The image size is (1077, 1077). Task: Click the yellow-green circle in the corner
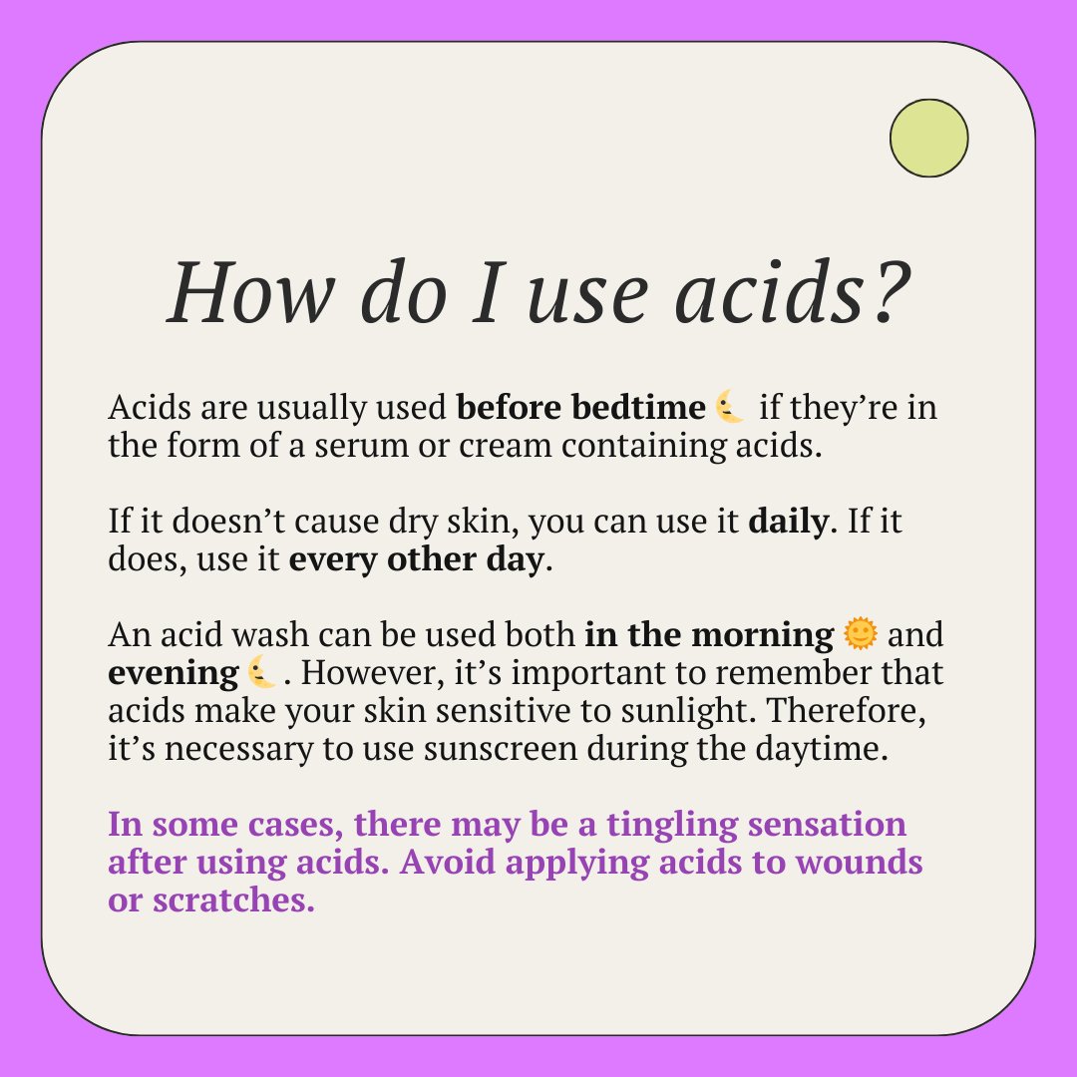click(928, 139)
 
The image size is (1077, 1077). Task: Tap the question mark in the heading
click(882, 292)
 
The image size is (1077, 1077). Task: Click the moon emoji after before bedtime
click(731, 409)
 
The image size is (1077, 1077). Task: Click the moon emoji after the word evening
click(261, 672)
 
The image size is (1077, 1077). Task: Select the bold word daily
click(788, 522)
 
